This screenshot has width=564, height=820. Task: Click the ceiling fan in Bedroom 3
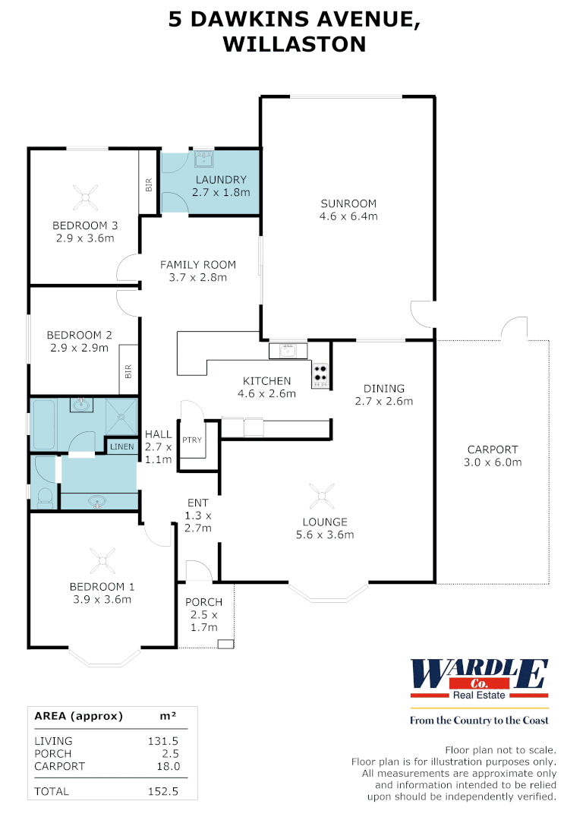[86, 199]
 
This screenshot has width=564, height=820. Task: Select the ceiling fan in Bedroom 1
[102, 561]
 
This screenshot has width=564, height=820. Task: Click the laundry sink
[203, 159]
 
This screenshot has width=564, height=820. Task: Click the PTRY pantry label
[191, 440]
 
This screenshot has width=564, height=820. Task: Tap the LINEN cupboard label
[121, 447]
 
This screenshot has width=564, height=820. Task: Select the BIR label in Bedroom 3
[149, 184]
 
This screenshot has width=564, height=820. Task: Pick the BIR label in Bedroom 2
[128, 372]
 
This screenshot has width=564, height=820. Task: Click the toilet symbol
[44, 497]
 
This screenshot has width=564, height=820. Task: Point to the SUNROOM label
[348, 203]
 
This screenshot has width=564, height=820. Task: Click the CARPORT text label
[492, 449]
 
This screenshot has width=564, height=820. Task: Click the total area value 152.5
[164, 791]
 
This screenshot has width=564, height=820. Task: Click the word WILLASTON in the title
[294, 44]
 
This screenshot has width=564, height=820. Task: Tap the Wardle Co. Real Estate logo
[479, 679]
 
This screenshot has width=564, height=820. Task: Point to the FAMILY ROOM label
[197, 265]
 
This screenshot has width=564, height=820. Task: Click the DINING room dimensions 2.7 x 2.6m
[383, 402]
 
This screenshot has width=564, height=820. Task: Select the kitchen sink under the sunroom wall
[288, 350]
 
